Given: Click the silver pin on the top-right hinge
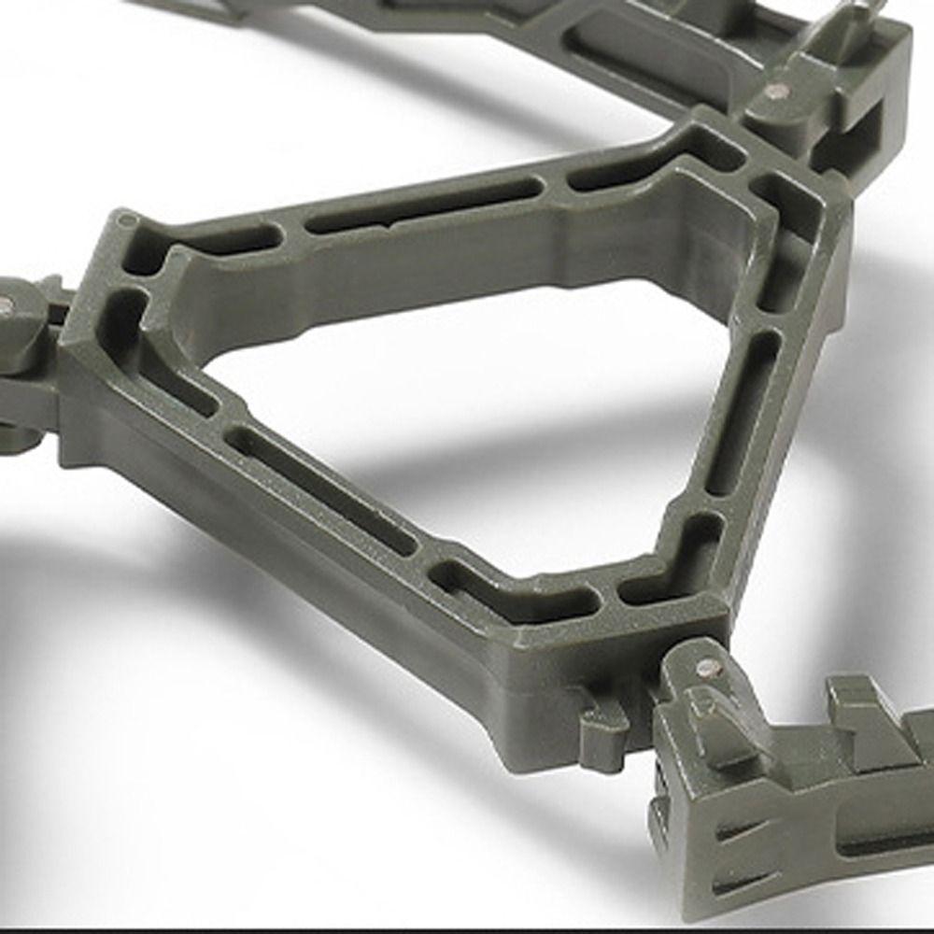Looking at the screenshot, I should (x=774, y=92).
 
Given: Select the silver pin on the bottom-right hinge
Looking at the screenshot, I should (x=706, y=668).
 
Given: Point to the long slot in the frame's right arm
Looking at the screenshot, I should (x=741, y=411).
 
